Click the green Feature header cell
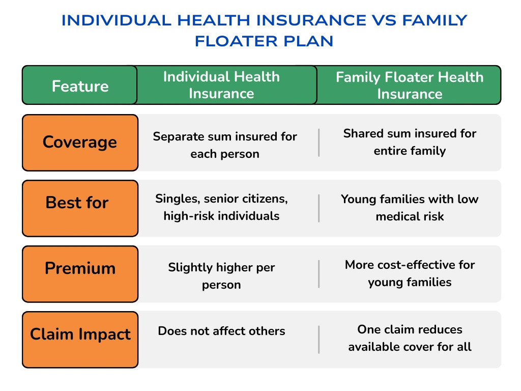80,85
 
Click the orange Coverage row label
80,143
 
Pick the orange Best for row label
80,208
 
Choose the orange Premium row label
80,274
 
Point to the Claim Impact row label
80,340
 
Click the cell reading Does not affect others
222,331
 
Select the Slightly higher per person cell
222,276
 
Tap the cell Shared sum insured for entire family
410,142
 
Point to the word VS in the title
384,20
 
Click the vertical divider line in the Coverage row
319,143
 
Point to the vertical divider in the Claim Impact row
319,340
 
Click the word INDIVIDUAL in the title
117,20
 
